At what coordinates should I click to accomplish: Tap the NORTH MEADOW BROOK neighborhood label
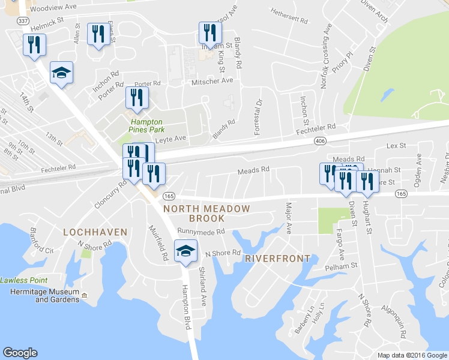click(206, 213)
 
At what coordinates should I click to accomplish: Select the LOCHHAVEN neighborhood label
click(95, 232)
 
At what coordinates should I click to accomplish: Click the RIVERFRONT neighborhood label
click(278, 259)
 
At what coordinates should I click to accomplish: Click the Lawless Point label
click(24, 280)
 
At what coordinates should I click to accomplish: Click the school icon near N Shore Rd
click(185, 250)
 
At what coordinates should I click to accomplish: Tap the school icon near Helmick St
click(61, 73)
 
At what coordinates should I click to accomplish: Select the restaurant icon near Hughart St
click(367, 181)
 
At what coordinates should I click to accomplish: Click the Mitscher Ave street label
click(212, 81)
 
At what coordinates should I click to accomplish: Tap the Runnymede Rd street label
click(201, 231)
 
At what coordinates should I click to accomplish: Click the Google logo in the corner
click(20, 353)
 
